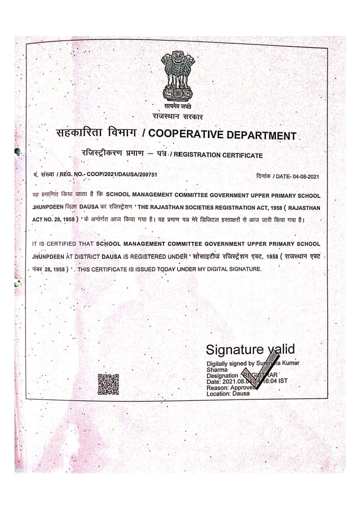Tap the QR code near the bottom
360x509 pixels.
(x=108, y=384)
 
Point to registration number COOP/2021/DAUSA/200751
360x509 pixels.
(x=118, y=174)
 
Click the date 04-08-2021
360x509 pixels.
(x=301, y=176)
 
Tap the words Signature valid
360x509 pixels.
(x=250, y=349)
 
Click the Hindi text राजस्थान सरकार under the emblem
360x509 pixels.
(x=178, y=116)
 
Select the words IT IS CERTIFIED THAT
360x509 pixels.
(x=62, y=244)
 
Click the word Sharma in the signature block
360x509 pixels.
(x=217, y=369)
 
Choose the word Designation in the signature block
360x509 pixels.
(x=223, y=375)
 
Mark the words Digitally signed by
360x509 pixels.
(x=230, y=363)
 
